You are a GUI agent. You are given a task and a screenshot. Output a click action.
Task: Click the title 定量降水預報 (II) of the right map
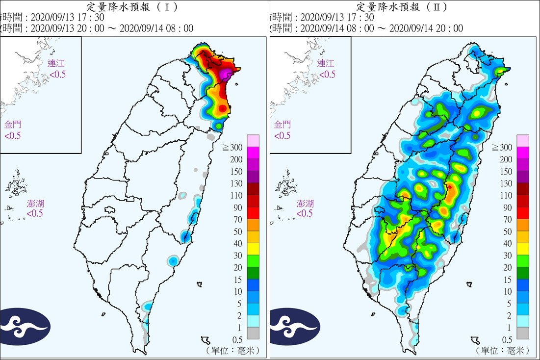pos(403,7)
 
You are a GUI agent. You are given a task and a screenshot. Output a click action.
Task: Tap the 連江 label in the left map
pos(56,63)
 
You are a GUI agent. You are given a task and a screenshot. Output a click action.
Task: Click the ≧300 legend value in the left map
pos(234,148)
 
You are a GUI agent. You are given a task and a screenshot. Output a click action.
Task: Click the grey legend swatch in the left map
pos(253,333)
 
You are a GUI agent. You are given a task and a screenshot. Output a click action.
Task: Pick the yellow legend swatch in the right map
pos(522,250)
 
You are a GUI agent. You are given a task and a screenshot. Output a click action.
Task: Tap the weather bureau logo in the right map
pos(294,326)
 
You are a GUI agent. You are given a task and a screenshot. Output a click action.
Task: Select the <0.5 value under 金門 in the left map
pos(13,136)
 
